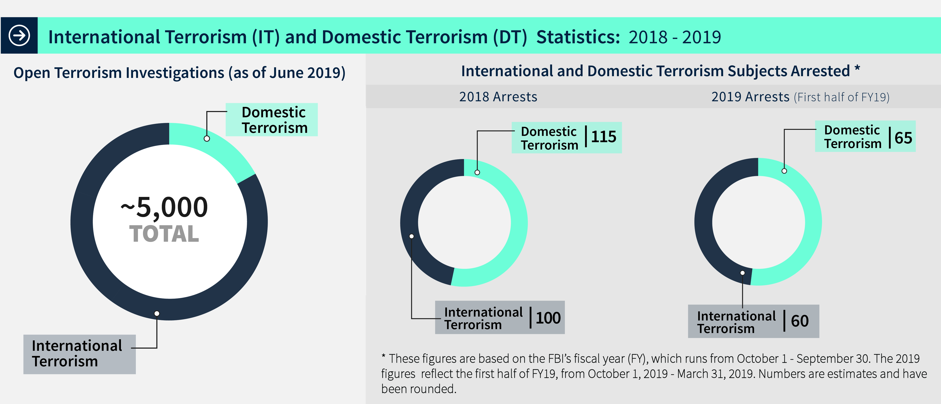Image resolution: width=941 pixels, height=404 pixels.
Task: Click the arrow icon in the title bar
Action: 19,35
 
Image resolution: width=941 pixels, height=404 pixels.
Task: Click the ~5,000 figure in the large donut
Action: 164,207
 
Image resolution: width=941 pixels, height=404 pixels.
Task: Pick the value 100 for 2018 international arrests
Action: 548,318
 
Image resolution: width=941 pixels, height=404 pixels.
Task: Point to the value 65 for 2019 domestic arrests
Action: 903,138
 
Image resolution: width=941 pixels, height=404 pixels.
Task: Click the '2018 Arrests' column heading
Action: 498,97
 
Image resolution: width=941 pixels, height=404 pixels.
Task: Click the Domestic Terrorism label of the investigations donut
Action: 274,120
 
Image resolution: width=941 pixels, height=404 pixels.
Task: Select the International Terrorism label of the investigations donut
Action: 77,354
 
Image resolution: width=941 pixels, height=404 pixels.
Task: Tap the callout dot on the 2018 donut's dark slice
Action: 412,236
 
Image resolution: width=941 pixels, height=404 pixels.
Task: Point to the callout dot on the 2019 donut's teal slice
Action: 784,171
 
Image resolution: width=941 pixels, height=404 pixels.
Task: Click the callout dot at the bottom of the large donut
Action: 157,313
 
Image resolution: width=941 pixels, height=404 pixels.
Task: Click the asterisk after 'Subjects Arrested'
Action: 857,68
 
